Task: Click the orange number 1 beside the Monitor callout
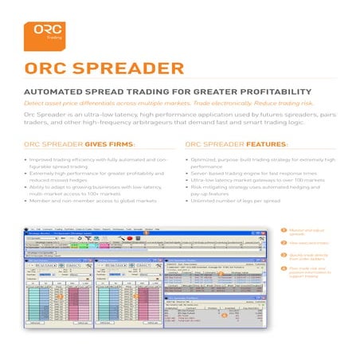pyautogui.click(x=282, y=230)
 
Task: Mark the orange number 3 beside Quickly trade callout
pyautogui.click(x=282, y=254)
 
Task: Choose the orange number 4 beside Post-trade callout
pyautogui.click(x=282, y=269)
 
